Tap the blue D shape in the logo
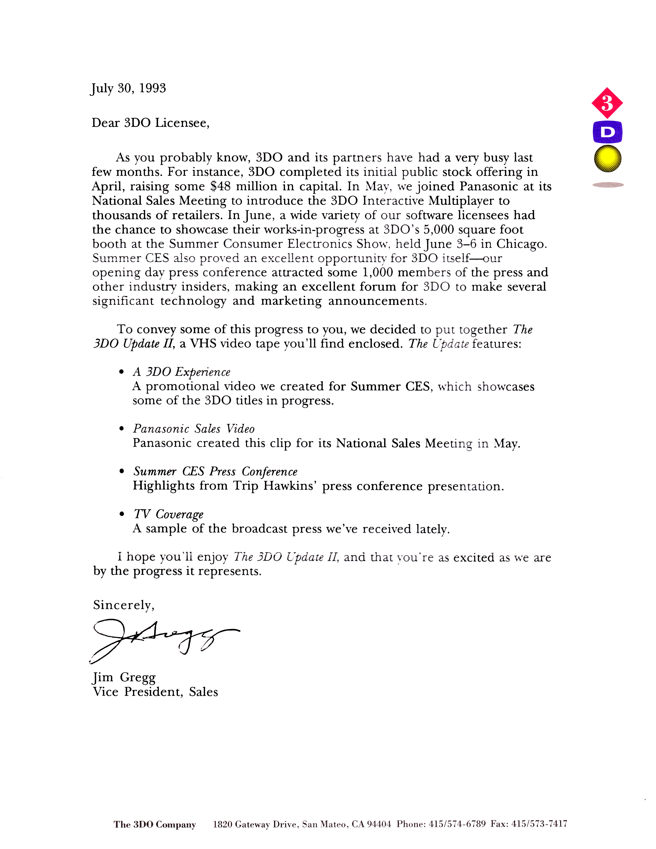[607, 133]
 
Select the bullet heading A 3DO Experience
[181, 372]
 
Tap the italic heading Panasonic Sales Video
[194, 429]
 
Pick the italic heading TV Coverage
[168, 514]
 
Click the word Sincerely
[123, 605]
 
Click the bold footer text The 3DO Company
[155, 824]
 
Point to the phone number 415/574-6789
[457, 824]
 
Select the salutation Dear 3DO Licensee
[150, 123]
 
